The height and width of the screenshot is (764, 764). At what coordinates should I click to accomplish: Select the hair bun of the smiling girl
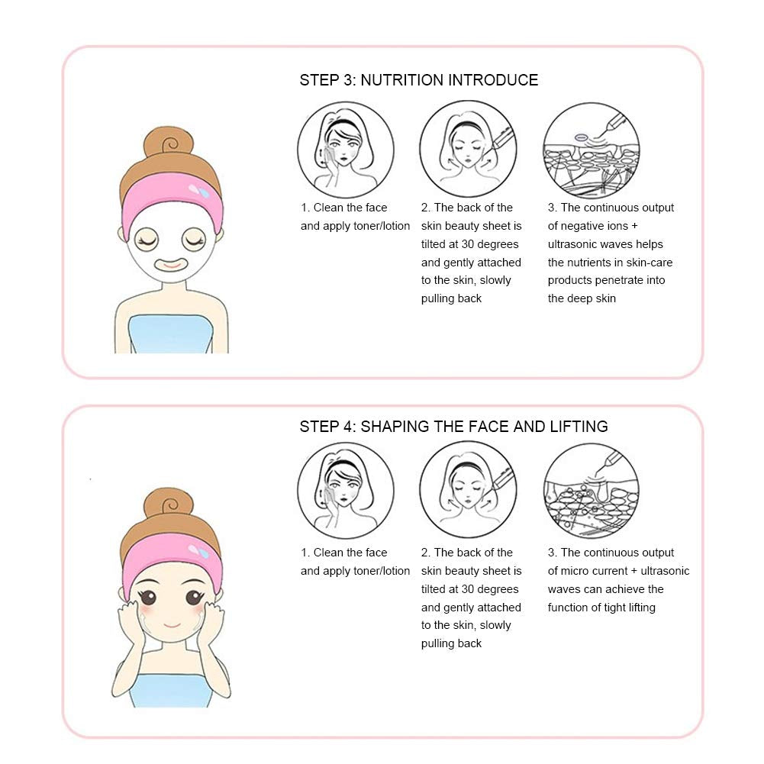pyautogui.click(x=169, y=506)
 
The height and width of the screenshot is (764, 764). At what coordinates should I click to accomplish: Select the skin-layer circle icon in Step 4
pyautogui.click(x=592, y=491)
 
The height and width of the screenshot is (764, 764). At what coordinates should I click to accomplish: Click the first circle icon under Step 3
pyautogui.click(x=346, y=150)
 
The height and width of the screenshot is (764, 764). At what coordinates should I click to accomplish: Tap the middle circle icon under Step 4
pyautogui.click(x=468, y=491)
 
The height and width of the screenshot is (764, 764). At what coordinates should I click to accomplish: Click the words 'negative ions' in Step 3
pyautogui.click(x=595, y=226)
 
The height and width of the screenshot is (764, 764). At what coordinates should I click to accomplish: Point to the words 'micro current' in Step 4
pyautogui.click(x=594, y=571)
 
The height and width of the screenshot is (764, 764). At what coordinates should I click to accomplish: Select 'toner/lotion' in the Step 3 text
pyautogui.click(x=381, y=226)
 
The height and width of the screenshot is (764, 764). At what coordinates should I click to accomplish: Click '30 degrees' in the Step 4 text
pyautogui.click(x=488, y=589)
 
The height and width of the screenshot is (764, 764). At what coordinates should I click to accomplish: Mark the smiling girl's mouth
pyautogui.click(x=172, y=627)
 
